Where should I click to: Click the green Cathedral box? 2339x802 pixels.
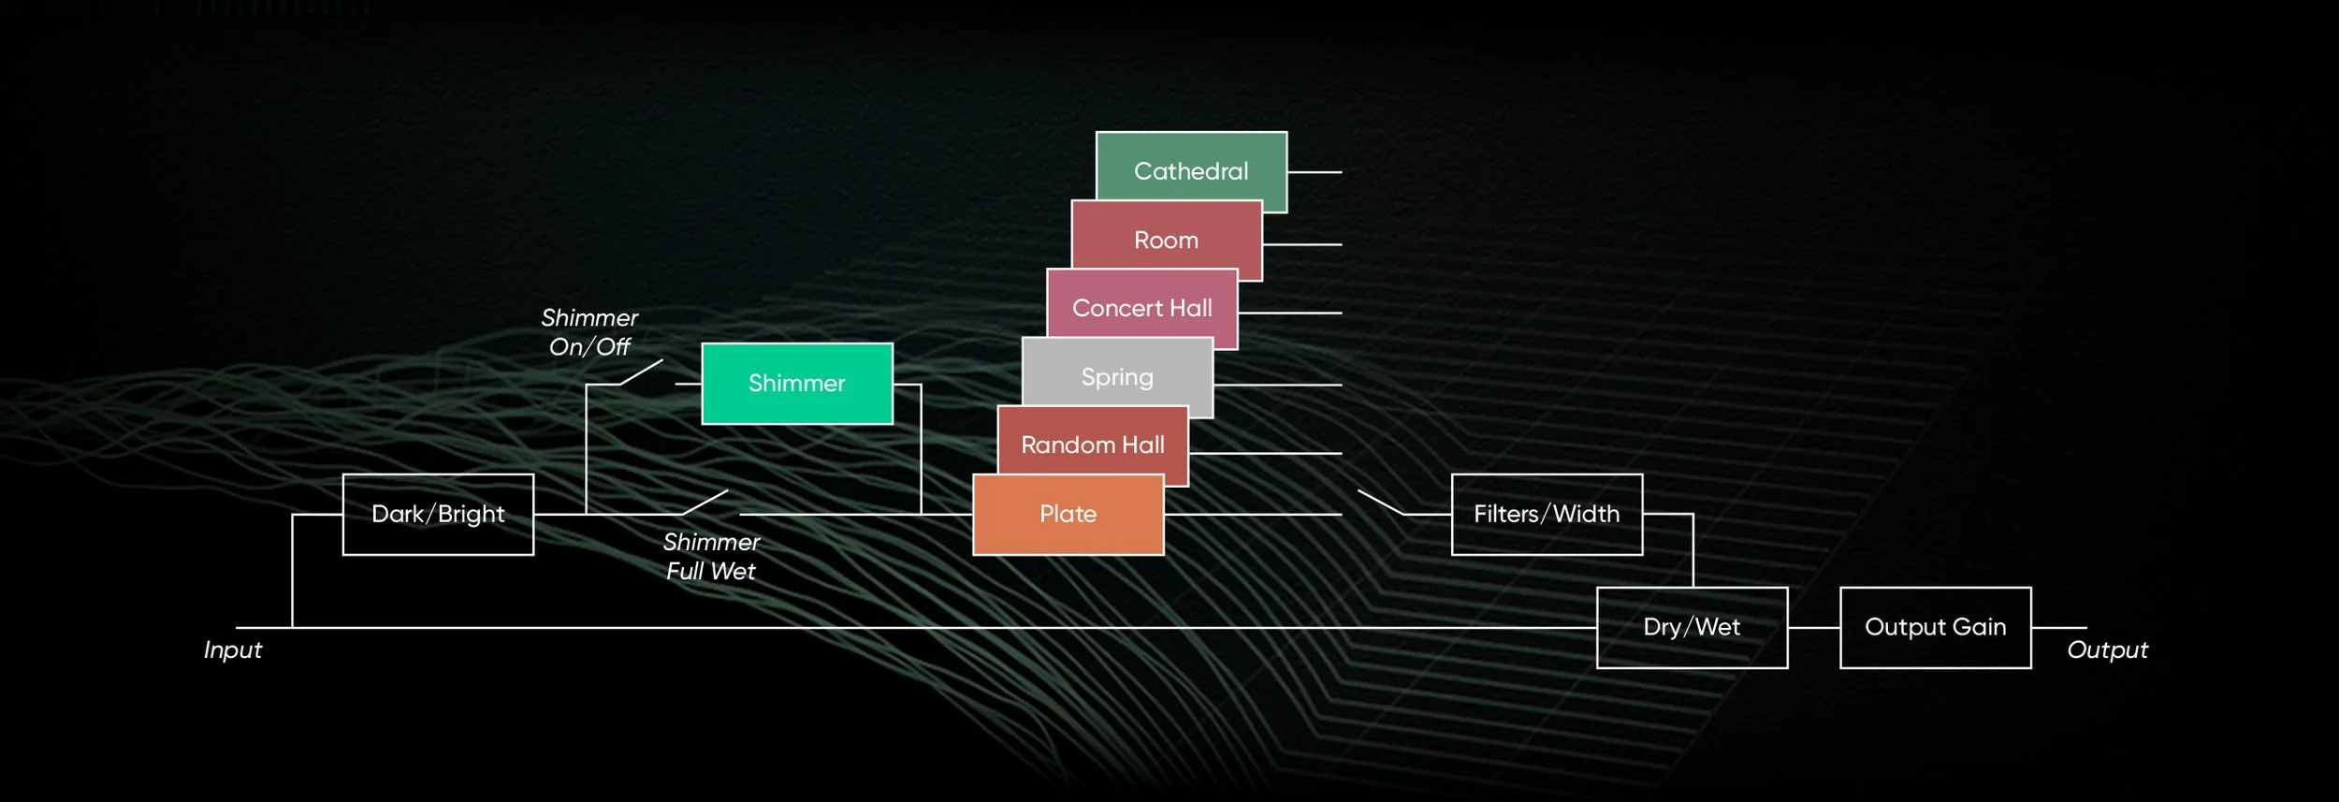pos(1191,171)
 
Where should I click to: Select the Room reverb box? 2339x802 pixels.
pos(1166,241)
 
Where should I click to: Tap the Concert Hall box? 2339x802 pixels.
pos(1141,308)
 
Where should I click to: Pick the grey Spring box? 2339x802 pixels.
pos(1117,377)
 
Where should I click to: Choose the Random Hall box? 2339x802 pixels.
pos(1093,445)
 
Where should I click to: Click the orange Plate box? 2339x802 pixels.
pos(1068,514)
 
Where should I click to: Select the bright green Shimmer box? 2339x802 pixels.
pos(797,384)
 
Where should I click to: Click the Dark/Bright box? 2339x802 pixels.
pos(438,514)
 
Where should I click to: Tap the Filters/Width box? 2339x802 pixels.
pos(1547,514)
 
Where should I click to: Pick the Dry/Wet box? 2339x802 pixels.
pos(1692,627)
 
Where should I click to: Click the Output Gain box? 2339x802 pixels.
pos(1935,627)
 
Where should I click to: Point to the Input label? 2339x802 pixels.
pos(233,649)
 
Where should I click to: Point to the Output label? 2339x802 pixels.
pos(2107,649)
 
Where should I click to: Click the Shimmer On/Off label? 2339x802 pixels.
pos(589,332)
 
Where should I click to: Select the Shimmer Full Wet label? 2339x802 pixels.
pos(711,556)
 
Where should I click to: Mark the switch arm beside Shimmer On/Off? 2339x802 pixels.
pos(641,372)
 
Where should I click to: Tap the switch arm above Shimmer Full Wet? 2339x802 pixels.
pos(705,503)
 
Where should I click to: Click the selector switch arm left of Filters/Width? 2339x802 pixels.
pos(1381,503)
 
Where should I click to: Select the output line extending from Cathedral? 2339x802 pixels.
pos(1315,172)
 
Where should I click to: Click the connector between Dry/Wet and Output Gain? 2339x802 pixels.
pos(1813,627)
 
